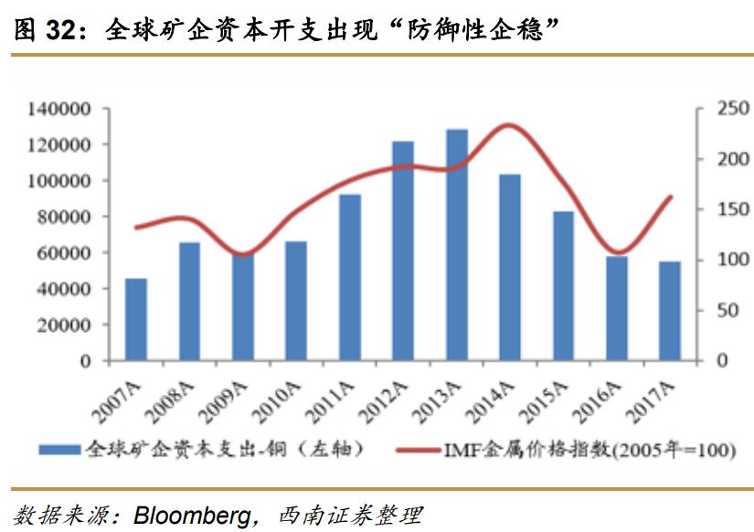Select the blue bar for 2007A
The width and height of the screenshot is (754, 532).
136,320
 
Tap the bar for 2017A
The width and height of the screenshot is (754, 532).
670,311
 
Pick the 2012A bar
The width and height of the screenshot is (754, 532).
403,251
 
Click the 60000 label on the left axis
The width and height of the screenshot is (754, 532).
63,253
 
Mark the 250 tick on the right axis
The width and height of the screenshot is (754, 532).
716,110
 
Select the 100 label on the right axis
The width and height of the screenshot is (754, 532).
716,261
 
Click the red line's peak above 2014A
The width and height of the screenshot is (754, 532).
508,125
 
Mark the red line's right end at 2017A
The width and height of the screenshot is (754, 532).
672,197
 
